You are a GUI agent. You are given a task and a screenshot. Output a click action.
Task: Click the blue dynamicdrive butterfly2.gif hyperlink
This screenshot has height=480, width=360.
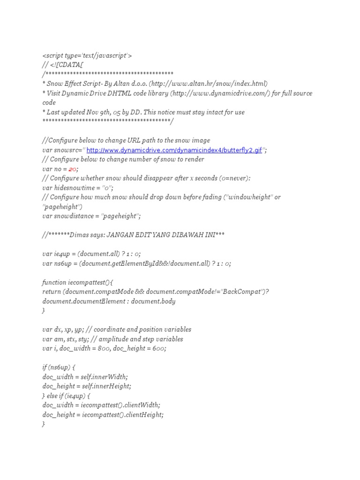pos(174,150)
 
